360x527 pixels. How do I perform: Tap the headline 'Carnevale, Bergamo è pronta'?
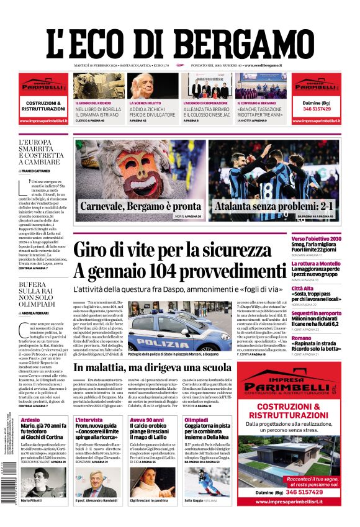click(x=140, y=206)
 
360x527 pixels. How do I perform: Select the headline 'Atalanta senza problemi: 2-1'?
click(x=274, y=206)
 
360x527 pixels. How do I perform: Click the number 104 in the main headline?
click(x=166, y=271)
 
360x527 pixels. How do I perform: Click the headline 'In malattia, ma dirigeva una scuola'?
click(x=178, y=367)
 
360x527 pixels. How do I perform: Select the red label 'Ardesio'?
click(x=30, y=420)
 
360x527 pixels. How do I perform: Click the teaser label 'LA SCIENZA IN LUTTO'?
click(x=145, y=103)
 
